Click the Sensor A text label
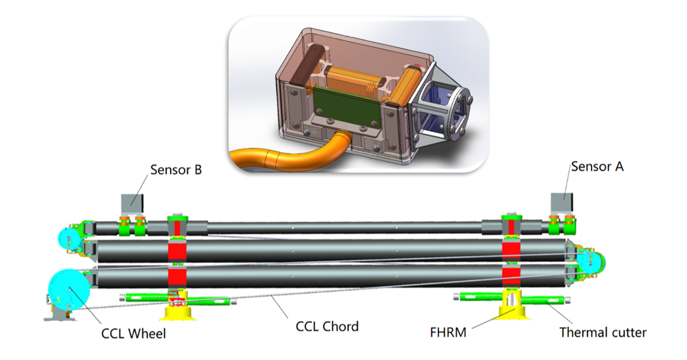point(597,166)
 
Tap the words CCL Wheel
point(134,334)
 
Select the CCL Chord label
point(327,326)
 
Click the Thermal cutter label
point(603,332)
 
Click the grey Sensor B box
point(132,203)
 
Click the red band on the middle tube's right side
point(512,251)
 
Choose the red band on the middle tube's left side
point(177,251)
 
